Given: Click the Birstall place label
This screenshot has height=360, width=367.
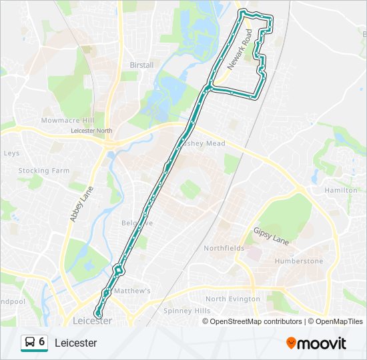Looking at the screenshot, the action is (141, 65).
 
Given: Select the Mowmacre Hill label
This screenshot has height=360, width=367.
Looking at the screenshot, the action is (67, 121).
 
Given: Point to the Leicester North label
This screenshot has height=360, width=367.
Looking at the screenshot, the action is (92, 131).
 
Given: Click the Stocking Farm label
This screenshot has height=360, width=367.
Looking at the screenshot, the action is (44, 171).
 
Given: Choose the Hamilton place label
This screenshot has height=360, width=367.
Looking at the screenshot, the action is (341, 190).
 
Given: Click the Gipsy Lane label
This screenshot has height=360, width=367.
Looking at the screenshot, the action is (271, 235).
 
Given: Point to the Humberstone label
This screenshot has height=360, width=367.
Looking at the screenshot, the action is (298, 261).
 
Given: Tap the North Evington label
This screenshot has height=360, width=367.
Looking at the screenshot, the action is (233, 299).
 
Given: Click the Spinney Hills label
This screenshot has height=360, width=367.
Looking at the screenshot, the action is (187, 311).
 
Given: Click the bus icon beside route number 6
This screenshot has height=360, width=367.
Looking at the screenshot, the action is (30, 343).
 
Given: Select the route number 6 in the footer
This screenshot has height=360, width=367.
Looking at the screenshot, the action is (42, 342).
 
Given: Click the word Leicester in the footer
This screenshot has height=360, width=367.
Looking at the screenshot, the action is (75, 343).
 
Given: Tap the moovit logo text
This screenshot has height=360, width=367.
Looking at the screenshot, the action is (322, 343).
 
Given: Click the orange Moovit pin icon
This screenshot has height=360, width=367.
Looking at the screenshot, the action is (291, 343).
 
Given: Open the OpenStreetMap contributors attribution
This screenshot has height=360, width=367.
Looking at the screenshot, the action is (256, 321).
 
